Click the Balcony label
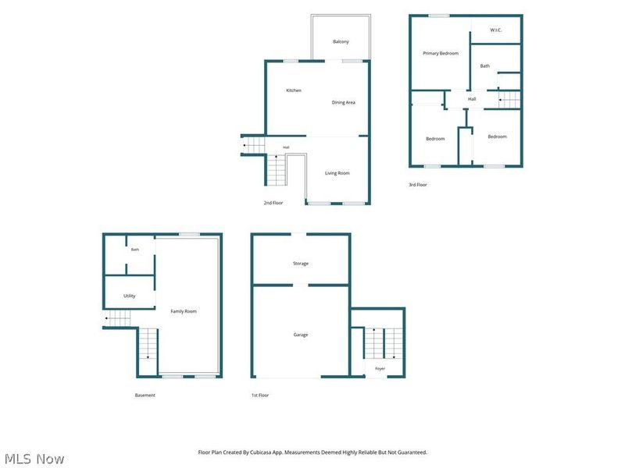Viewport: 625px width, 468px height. pos(341,41)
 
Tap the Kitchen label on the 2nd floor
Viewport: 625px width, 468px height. pos(294,90)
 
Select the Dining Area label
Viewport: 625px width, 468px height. pos(343,102)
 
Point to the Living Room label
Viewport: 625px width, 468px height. pos(337,173)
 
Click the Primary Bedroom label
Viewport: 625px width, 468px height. pos(441,53)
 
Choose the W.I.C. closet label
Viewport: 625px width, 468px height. pos(496,30)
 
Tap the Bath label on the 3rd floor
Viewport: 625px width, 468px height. pos(484,66)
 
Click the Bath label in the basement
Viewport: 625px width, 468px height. pos(135,250)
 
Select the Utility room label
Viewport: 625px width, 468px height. pos(129,296)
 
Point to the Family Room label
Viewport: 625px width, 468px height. pos(184,311)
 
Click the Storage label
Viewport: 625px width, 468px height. pos(301,264)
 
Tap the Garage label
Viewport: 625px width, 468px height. pos(301,335)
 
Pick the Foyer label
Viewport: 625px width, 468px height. pos(380,368)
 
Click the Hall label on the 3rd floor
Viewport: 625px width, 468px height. pos(472,99)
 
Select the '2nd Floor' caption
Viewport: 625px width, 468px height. pos(273,203)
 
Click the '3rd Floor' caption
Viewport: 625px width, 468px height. pos(418,185)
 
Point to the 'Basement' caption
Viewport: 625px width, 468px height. pos(145,395)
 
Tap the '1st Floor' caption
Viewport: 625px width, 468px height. pos(260,395)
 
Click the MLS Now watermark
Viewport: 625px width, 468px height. pos(34,459)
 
